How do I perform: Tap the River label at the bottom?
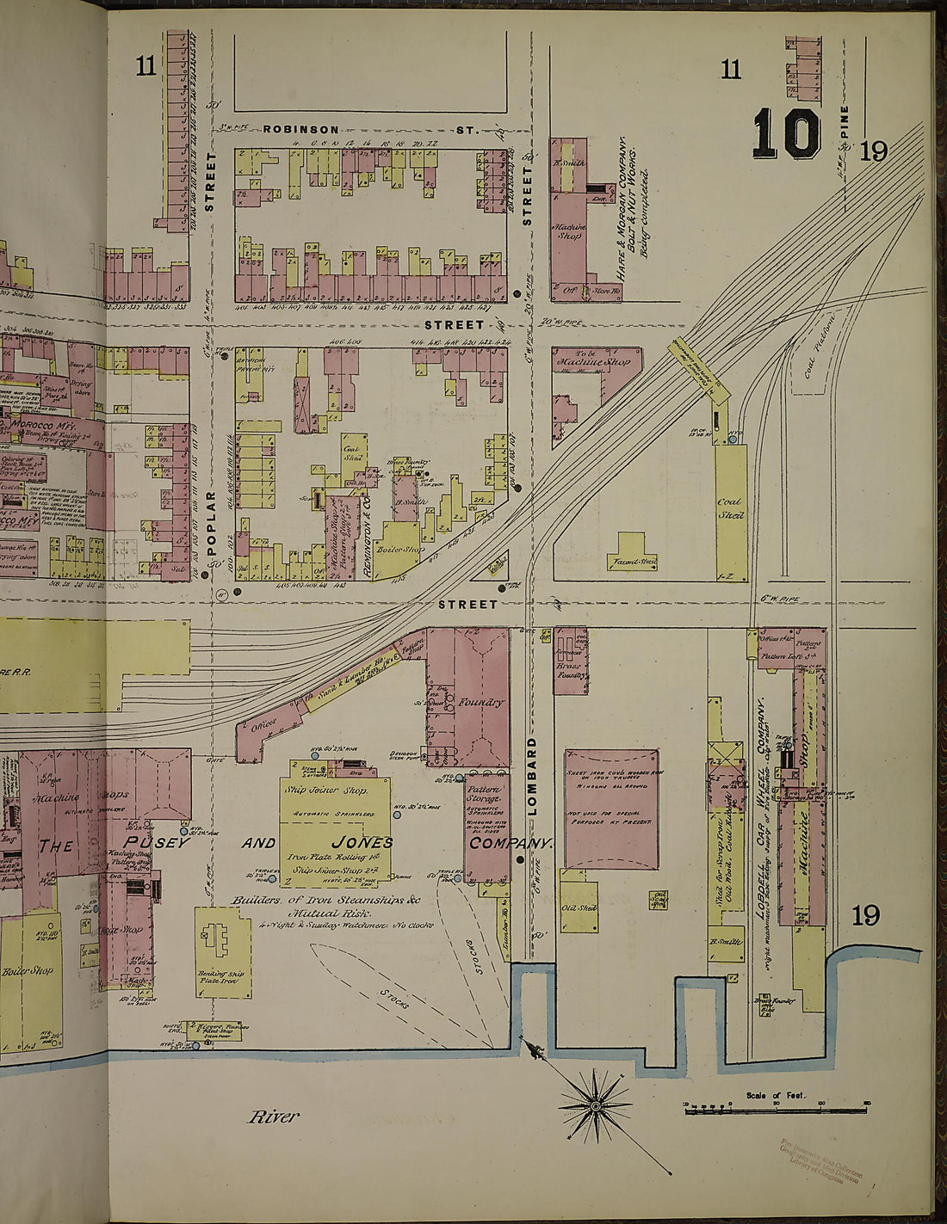click(274, 1116)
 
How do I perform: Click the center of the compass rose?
click(596, 1104)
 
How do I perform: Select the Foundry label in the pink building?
click(480, 702)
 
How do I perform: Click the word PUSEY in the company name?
click(155, 842)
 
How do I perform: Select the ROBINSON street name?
click(300, 129)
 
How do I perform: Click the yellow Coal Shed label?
click(731, 507)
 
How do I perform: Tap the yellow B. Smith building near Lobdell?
click(725, 942)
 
